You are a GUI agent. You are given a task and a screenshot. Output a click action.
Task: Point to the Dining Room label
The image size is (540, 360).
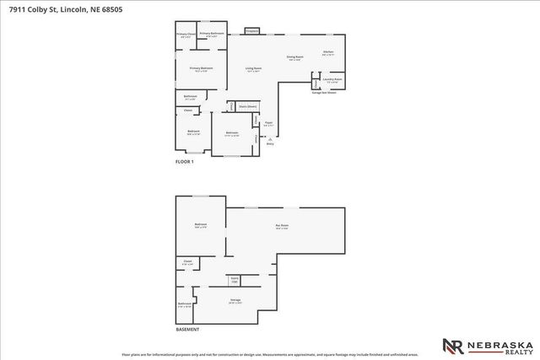[295, 57]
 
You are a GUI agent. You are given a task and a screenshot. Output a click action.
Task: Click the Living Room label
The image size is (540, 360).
[253, 68]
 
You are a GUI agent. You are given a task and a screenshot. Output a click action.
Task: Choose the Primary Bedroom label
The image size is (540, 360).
[201, 68]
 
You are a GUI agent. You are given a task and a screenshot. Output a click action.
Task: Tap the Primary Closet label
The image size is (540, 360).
[186, 34]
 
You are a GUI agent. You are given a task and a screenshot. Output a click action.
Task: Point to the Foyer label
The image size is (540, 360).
[268, 124]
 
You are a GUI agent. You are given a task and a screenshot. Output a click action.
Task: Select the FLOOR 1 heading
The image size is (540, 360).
[185, 161]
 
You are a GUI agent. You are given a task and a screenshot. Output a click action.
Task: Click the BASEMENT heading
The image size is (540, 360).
[188, 330]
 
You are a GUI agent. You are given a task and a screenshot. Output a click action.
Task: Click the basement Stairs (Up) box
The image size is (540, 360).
[235, 278]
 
